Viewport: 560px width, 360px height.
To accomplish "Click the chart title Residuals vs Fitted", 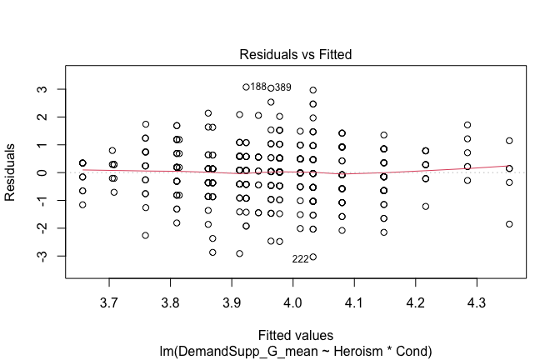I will click(x=296, y=54).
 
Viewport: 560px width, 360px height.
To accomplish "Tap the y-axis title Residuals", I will click(x=11, y=172).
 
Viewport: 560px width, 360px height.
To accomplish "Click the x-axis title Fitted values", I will click(x=296, y=334).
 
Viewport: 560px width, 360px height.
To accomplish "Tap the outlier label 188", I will click(x=258, y=87).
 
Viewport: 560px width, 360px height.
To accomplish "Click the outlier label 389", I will click(x=283, y=87).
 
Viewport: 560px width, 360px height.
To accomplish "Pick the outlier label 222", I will click(x=300, y=258).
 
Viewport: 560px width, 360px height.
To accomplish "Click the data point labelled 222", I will click(x=312, y=257).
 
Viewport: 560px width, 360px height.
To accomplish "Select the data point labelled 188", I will click(x=246, y=87).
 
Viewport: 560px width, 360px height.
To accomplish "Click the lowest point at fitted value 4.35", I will click(x=509, y=224).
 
